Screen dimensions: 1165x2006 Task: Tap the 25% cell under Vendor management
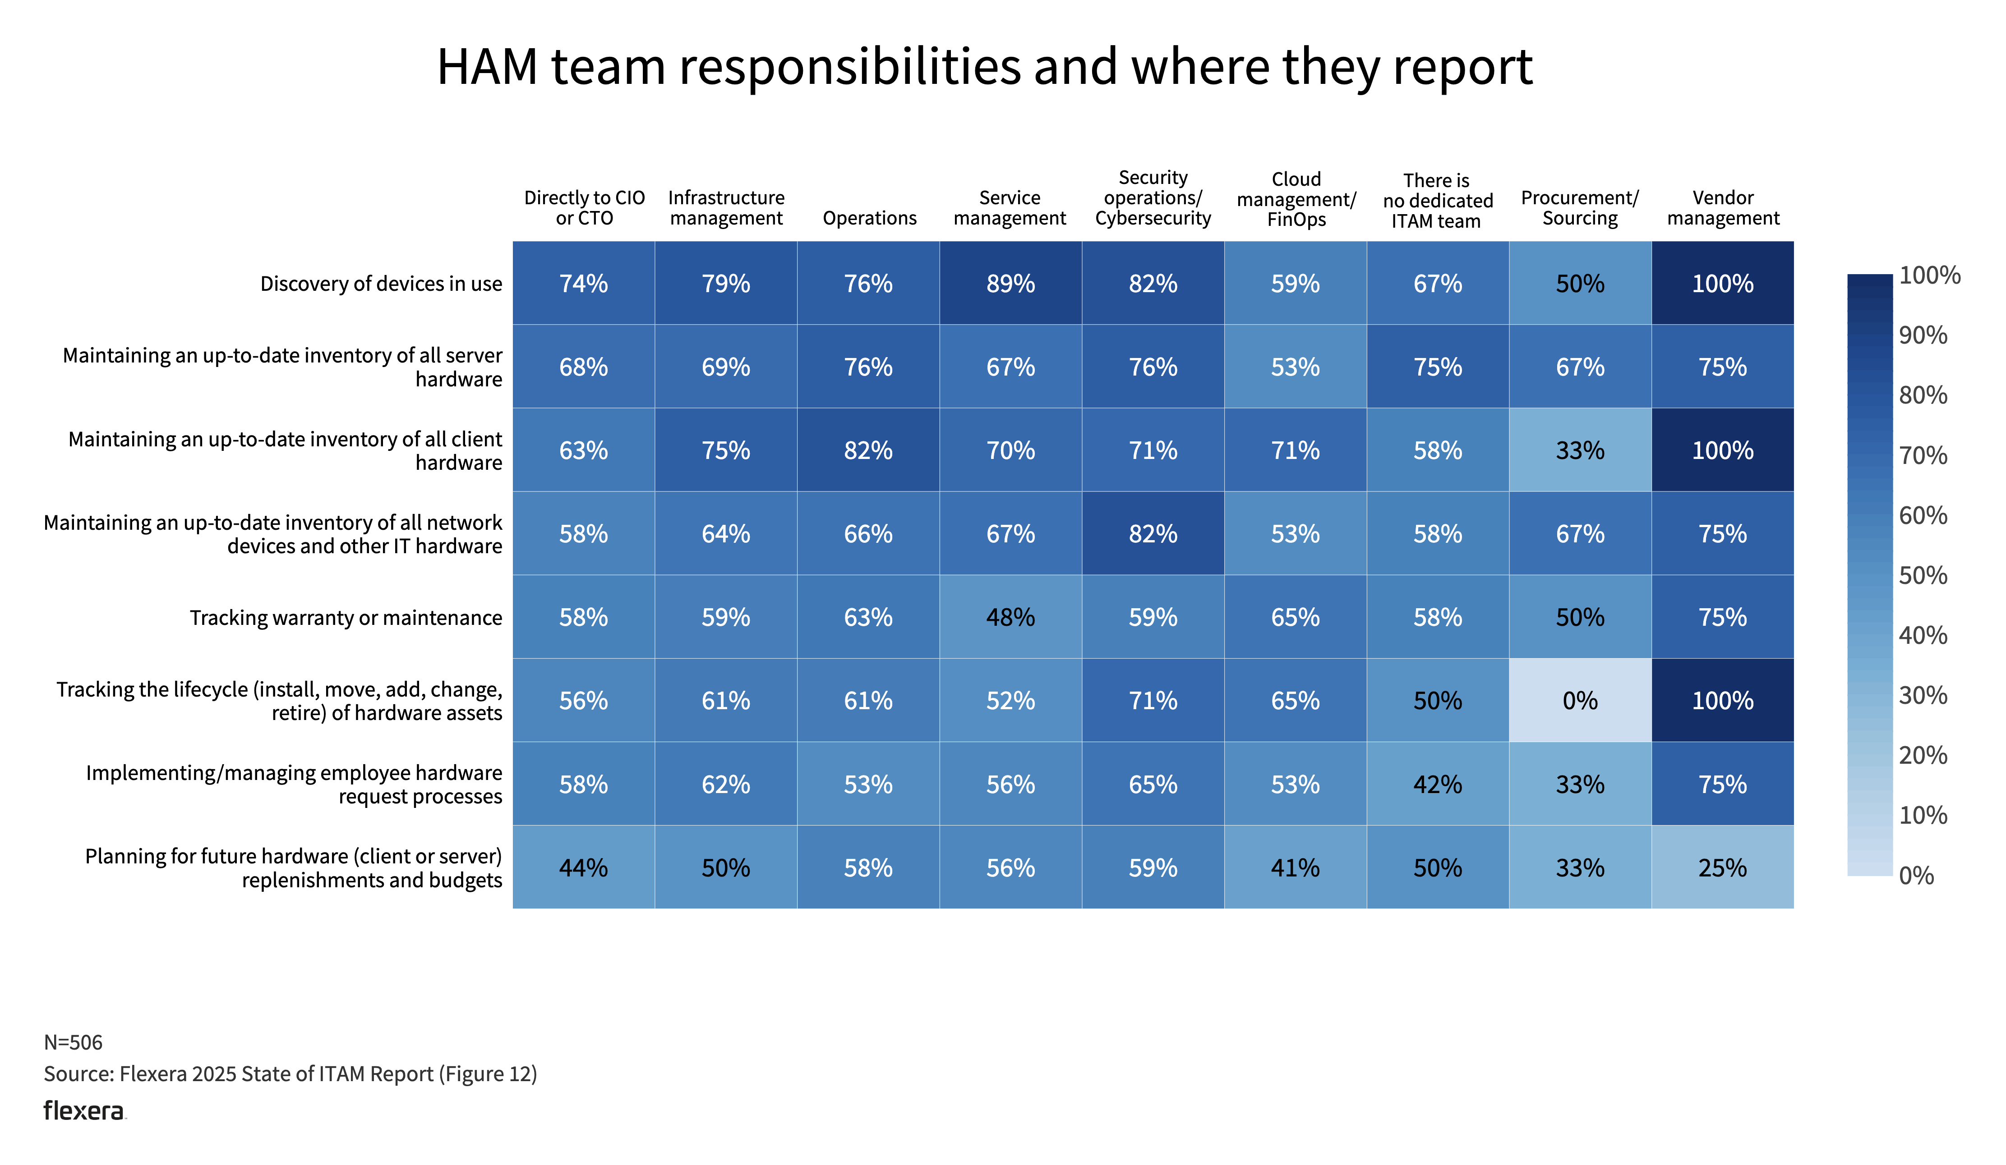[1722, 867]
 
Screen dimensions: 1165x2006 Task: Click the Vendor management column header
[1723, 208]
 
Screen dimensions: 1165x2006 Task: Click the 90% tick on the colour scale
[1923, 335]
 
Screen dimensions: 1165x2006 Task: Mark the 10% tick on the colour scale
[1923, 815]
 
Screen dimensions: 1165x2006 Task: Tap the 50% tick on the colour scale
[1923, 575]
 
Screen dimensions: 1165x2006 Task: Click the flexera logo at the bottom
[83, 1111]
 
